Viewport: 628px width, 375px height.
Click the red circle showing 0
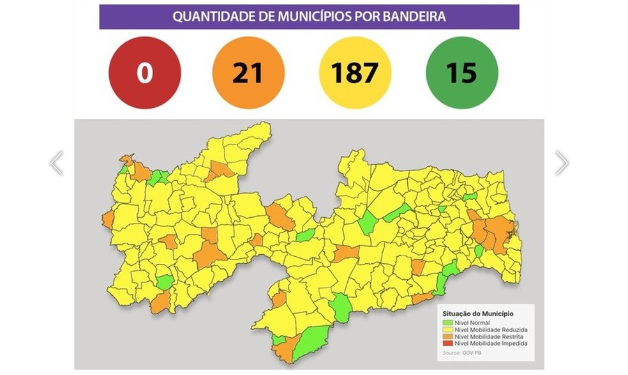coord(144,73)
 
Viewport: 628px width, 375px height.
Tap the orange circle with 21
coord(248,73)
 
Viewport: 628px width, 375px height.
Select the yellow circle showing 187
coord(354,73)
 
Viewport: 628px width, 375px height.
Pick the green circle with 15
coord(461,73)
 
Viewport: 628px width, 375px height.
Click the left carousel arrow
coord(56,163)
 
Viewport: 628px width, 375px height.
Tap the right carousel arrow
coord(561,163)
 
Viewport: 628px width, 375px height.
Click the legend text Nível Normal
coord(470,323)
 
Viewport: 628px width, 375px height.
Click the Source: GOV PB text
coord(459,353)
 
